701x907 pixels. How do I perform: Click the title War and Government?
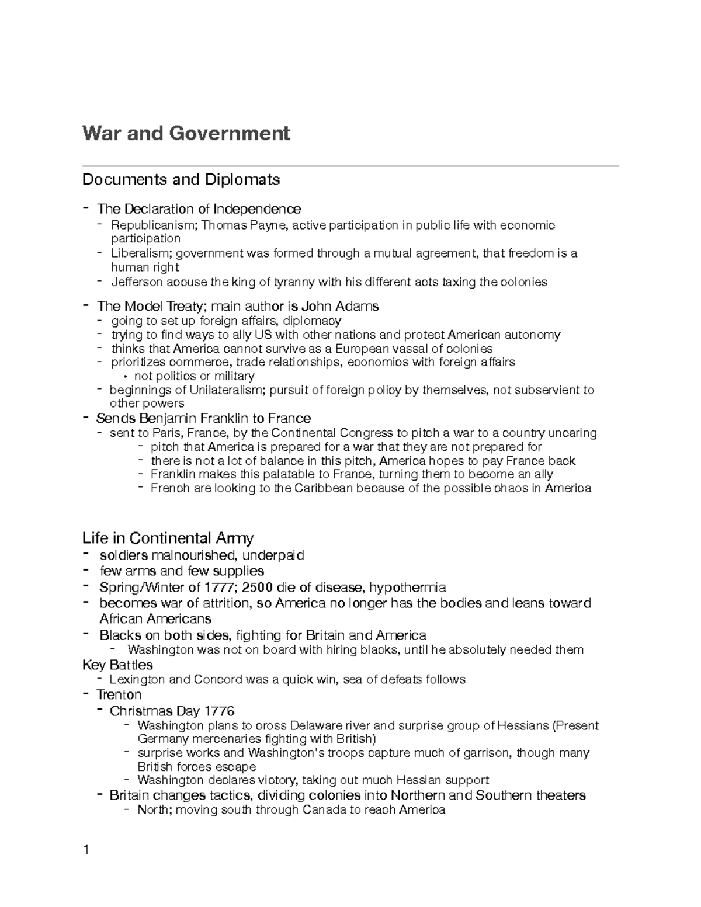coord(186,134)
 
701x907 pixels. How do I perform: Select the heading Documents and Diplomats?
coord(181,179)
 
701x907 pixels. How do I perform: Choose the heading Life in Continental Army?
coord(168,537)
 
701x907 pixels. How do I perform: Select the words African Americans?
coord(155,618)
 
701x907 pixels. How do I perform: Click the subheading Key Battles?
coord(117,665)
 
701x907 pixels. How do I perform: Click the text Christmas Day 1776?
coord(172,711)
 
